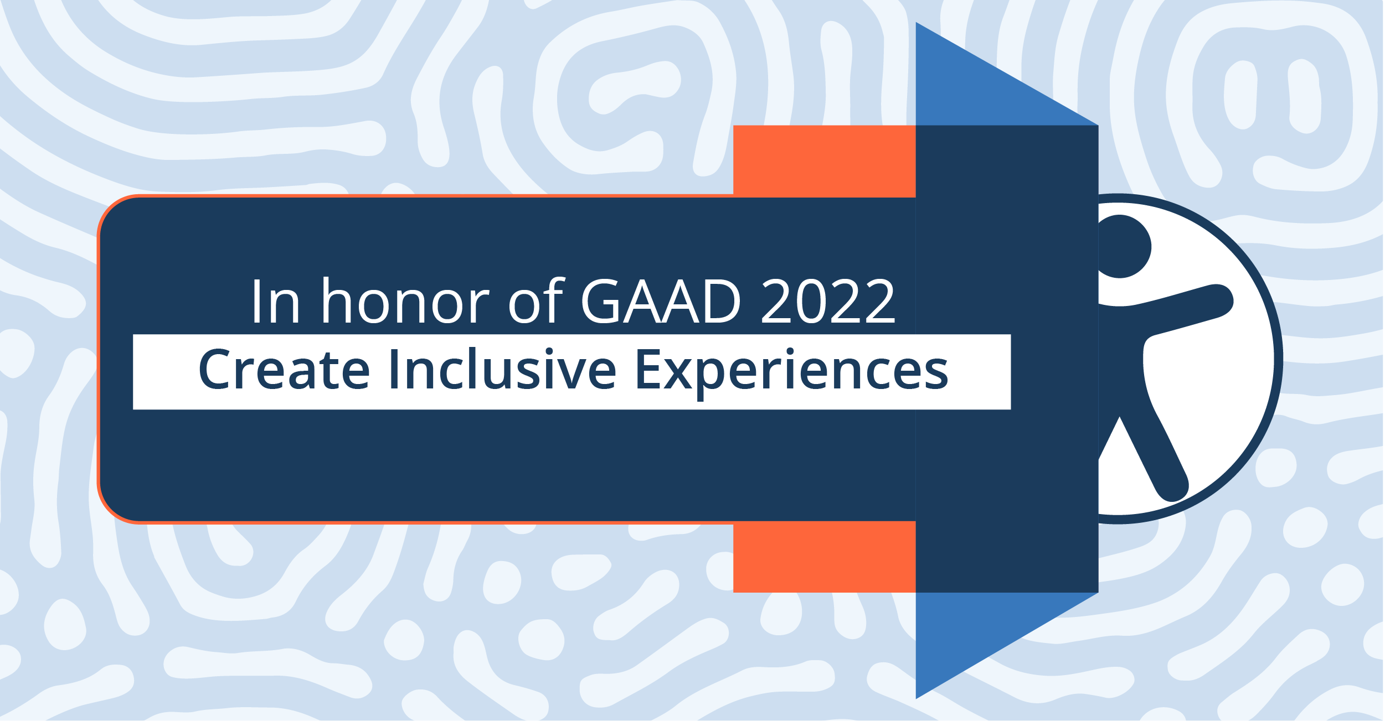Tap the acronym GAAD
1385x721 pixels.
661,301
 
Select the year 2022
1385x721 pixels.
828,301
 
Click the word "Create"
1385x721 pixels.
284,369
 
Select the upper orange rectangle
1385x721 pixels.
825,161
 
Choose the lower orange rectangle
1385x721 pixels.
825,557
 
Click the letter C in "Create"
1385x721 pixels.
214,369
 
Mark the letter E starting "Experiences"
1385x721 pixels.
650,369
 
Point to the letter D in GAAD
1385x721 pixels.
722,301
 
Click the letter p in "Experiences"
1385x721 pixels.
712,378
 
